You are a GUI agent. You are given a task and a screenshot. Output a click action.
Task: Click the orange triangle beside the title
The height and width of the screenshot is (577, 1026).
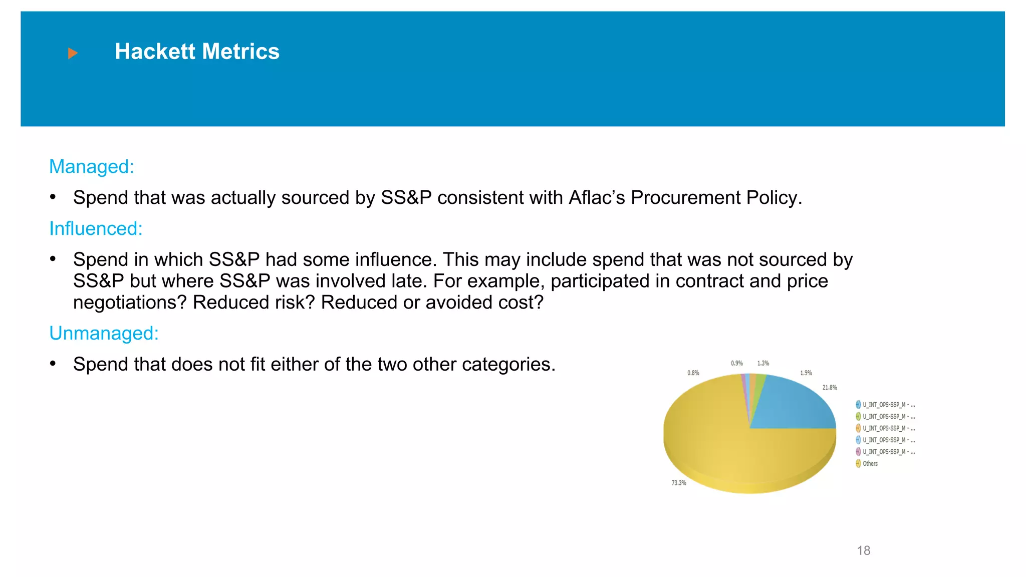pyautogui.click(x=73, y=53)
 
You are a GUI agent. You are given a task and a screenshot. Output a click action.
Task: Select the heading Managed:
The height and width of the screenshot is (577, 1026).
pyautogui.click(x=92, y=167)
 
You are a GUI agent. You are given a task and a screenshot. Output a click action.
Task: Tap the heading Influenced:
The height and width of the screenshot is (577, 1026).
pyautogui.click(x=96, y=229)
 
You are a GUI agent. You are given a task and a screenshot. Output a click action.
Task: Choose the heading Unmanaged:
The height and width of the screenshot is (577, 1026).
pyautogui.click(x=104, y=334)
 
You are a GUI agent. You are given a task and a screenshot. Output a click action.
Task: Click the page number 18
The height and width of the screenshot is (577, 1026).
pyautogui.click(x=863, y=550)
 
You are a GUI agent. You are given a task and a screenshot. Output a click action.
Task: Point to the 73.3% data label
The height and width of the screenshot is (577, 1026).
pyautogui.click(x=679, y=483)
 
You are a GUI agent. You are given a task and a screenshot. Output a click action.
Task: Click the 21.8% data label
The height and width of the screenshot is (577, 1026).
pyautogui.click(x=830, y=387)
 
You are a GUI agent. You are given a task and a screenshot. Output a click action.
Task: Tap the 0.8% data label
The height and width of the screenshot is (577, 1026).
pyautogui.click(x=693, y=373)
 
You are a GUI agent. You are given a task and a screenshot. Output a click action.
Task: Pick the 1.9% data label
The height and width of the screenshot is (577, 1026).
pyautogui.click(x=806, y=373)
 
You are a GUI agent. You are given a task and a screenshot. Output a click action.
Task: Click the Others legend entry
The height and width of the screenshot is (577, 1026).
pyautogui.click(x=870, y=464)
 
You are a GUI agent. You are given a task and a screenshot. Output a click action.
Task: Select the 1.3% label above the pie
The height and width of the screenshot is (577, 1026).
pyautogui.click(x=763, y=363)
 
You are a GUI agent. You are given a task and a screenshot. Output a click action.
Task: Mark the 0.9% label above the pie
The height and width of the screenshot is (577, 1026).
pyautogui.click(x=736, y=363)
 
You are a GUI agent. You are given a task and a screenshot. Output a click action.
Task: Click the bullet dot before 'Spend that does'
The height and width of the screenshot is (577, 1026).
pyautogui.click(x=53, y=364)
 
